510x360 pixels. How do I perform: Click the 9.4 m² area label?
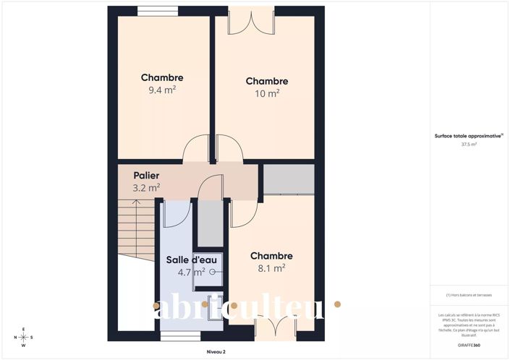click(162, 90)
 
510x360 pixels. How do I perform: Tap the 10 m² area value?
click(266, 93)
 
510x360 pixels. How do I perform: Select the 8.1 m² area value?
click(271, 267)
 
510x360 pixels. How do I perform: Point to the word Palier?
click(146, 176)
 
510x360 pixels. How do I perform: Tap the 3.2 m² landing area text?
click(146, 187)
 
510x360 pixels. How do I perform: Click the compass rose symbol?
click(23, 337)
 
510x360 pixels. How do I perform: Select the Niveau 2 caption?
click(216, 351)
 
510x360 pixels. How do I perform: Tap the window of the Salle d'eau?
click(179, 336)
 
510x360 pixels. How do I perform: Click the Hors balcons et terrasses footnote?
click(469, 295)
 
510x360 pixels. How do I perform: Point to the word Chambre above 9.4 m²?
click(162, 78)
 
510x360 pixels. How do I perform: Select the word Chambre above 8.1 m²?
click(271, 256)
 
